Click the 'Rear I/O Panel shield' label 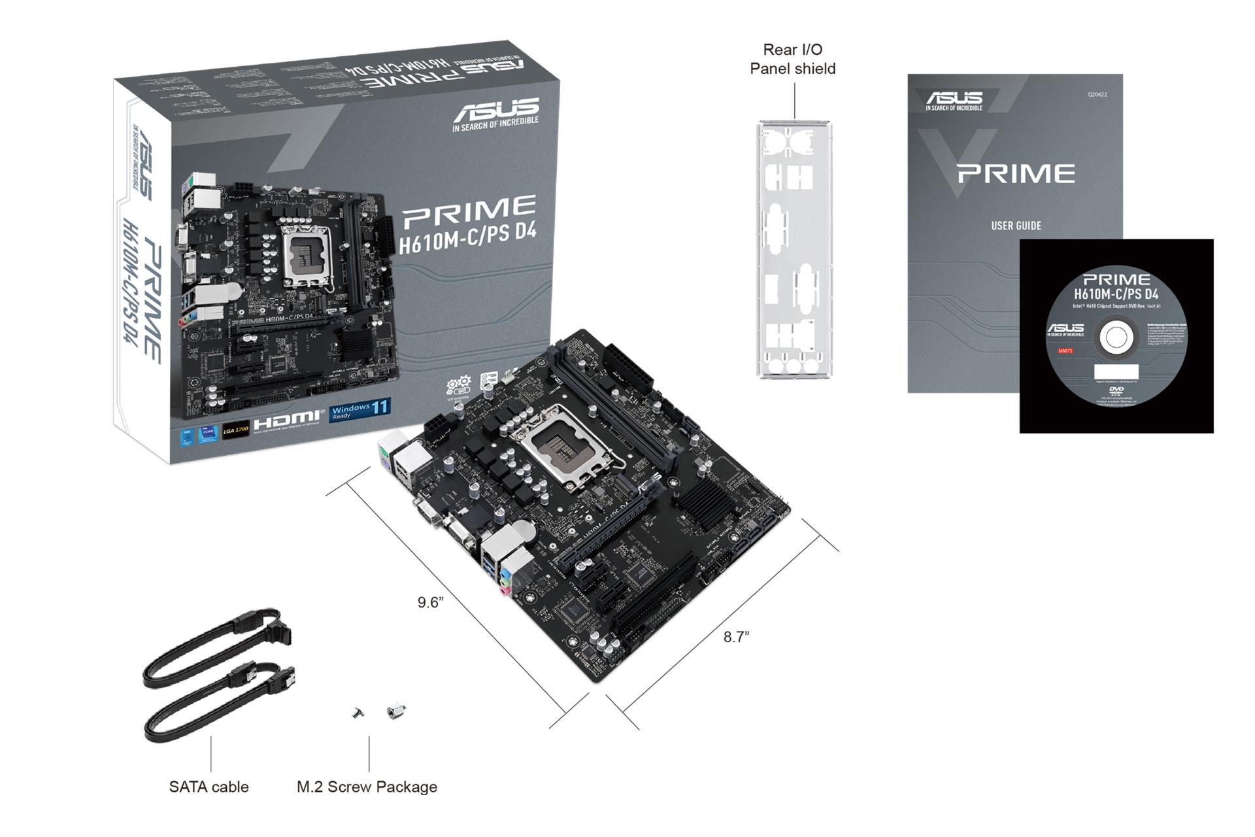coord(792,59)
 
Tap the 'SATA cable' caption coord(209,787)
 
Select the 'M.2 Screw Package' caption coord(367,787)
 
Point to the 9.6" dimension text coord(431,602)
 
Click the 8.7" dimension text coord(736,637)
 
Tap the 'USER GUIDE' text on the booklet coord(1016,226)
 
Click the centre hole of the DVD coord(1116,338)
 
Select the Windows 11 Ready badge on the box coord(360,411)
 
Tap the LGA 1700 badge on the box coord(235,430)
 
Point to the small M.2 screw coord(358,713)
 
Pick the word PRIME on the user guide coord(1016,174)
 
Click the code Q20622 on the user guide coord(1097,95)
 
